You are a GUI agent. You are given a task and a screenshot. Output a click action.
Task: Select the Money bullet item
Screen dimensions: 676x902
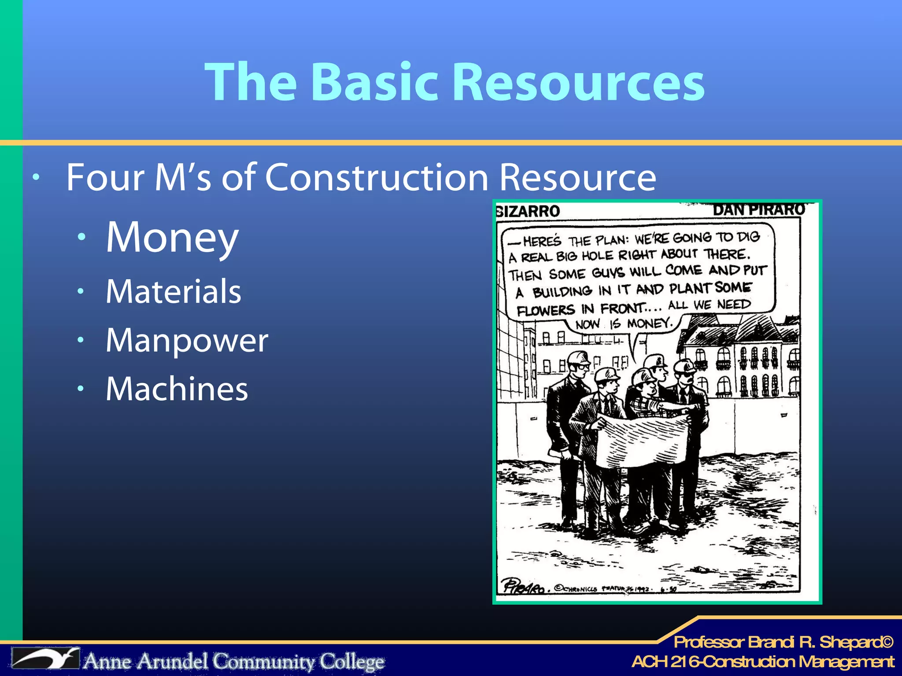[172, 238]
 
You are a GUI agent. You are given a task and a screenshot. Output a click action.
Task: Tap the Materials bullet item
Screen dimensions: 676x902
[174, 291]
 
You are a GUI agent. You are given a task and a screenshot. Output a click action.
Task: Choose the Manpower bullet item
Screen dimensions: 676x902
[187, 340]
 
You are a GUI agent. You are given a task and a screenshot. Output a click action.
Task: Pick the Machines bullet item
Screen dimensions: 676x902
[177, 389]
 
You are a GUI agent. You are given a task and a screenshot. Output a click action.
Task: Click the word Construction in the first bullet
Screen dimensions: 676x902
[377, 177]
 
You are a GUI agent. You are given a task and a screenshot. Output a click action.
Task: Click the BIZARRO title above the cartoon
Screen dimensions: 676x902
[528, 211]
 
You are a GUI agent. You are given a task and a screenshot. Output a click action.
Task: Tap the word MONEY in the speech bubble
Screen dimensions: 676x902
[649, 323]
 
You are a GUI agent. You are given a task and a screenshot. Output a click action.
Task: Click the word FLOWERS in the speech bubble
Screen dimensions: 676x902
[546, 310]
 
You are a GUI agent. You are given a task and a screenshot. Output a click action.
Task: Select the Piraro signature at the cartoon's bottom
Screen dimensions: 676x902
[524, 586]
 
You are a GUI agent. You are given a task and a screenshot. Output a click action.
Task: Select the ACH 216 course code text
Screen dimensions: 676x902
[665, 661]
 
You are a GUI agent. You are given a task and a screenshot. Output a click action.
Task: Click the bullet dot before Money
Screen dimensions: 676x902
[81, 237]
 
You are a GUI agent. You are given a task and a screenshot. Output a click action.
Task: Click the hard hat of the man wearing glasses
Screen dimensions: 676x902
[579, 358]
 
